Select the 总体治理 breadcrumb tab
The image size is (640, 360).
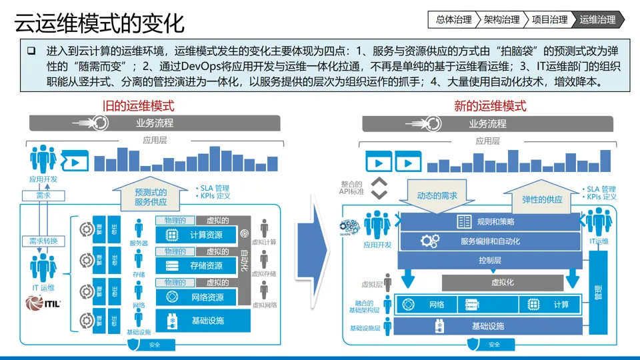point(453,19)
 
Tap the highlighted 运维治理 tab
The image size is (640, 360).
point(597,19)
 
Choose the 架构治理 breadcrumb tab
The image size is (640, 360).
point(501,19)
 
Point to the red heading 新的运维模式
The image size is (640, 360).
point(490,105)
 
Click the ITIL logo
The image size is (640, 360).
point(43,303)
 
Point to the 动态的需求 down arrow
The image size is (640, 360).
point(437,195)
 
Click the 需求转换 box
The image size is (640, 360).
point(43,241)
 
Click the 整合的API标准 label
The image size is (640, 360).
point(351,187)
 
